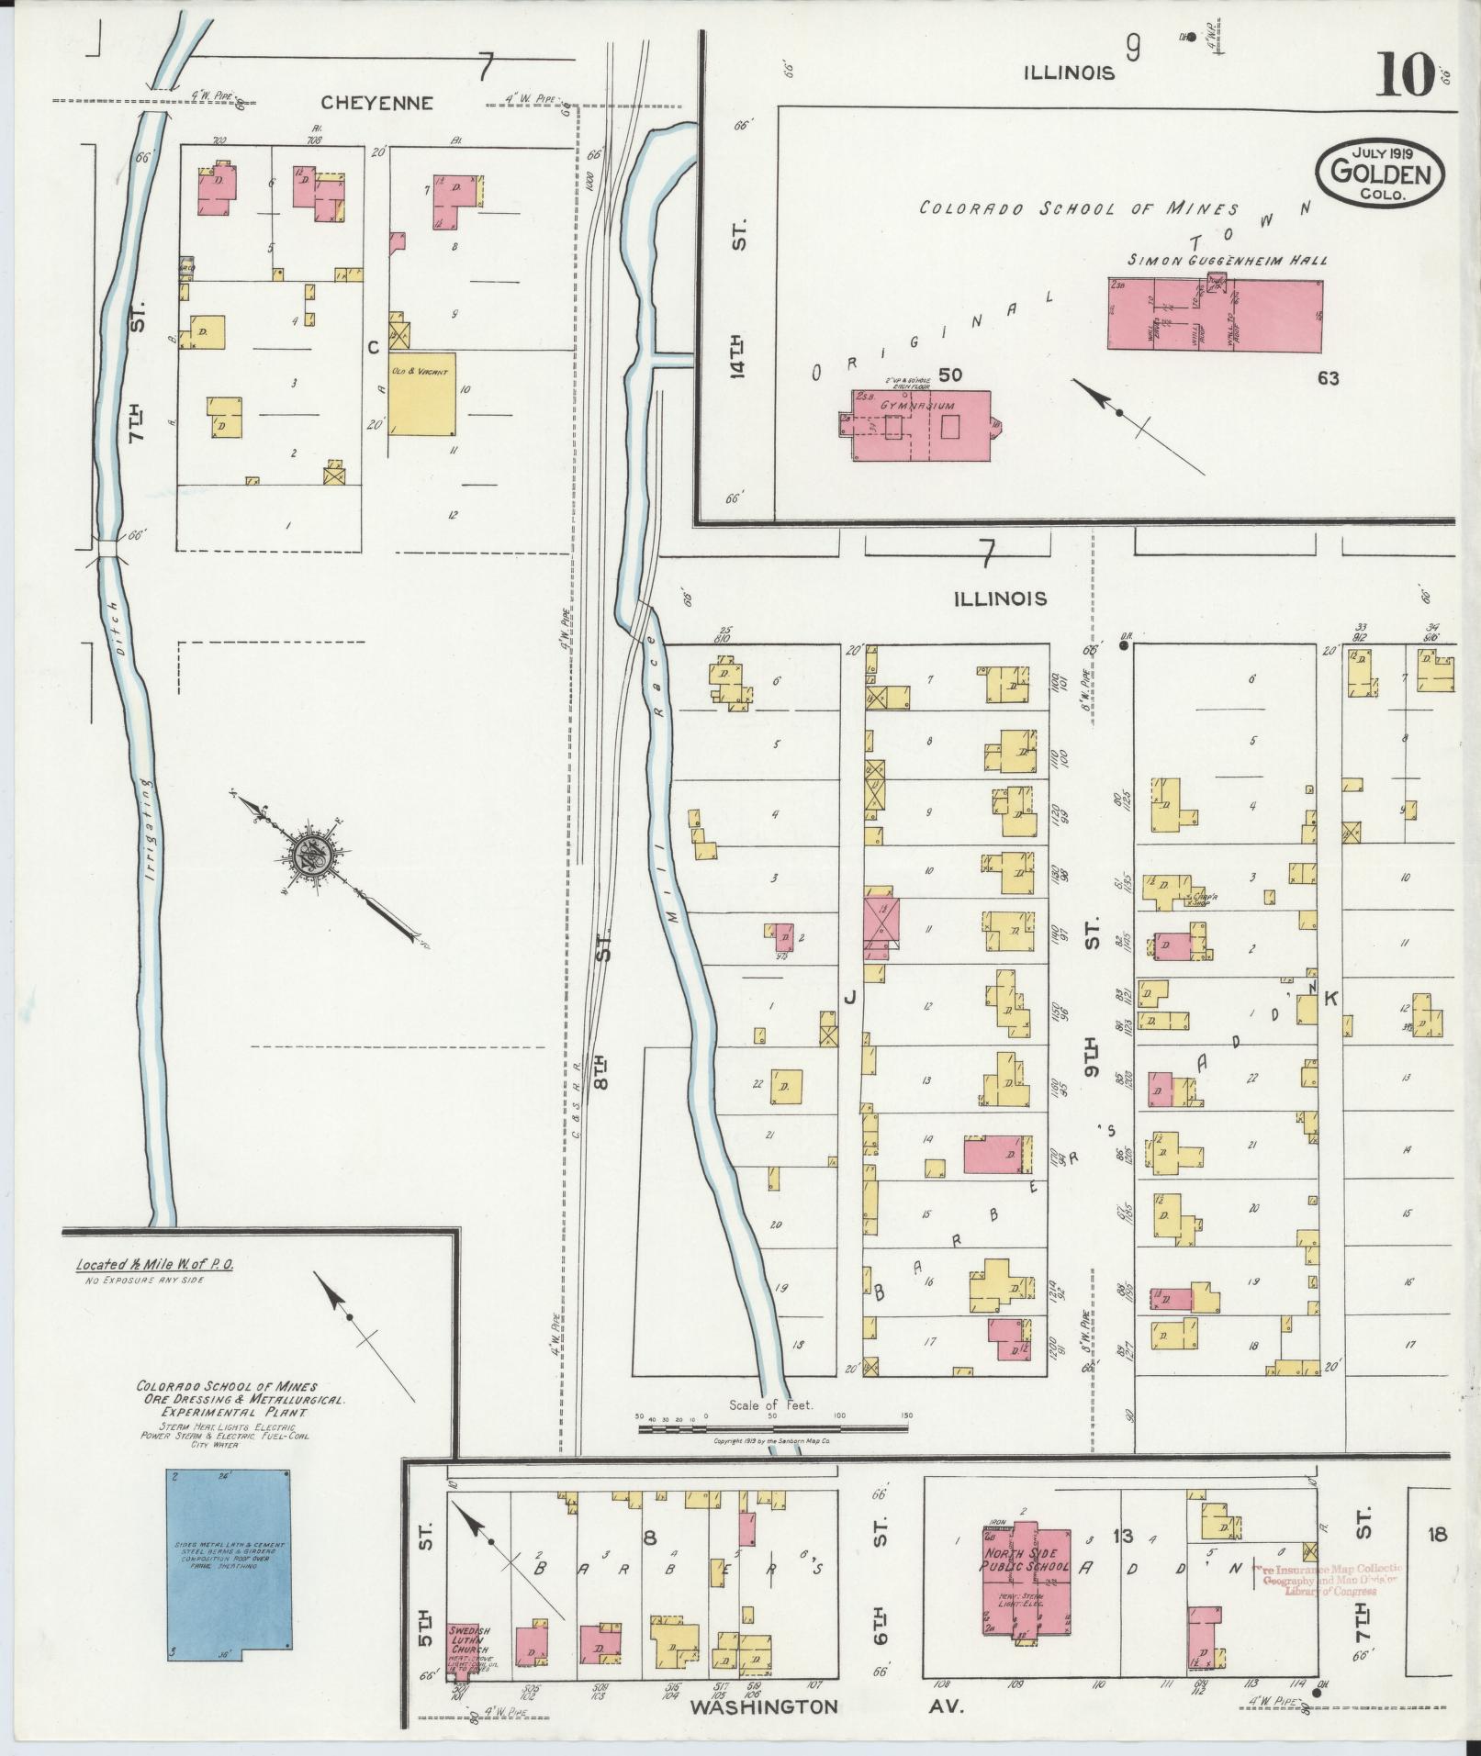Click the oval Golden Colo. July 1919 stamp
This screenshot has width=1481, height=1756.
coord(1380,174)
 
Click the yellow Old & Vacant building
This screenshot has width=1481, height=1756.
coord(422,395)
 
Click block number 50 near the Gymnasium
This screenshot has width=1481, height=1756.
coord(950,375)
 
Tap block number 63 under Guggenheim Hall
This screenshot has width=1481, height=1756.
coord(1328,377)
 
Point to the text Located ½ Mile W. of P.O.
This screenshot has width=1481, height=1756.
coord(154,1264)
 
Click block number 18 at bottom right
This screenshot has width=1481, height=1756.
coord(1438,1533)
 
